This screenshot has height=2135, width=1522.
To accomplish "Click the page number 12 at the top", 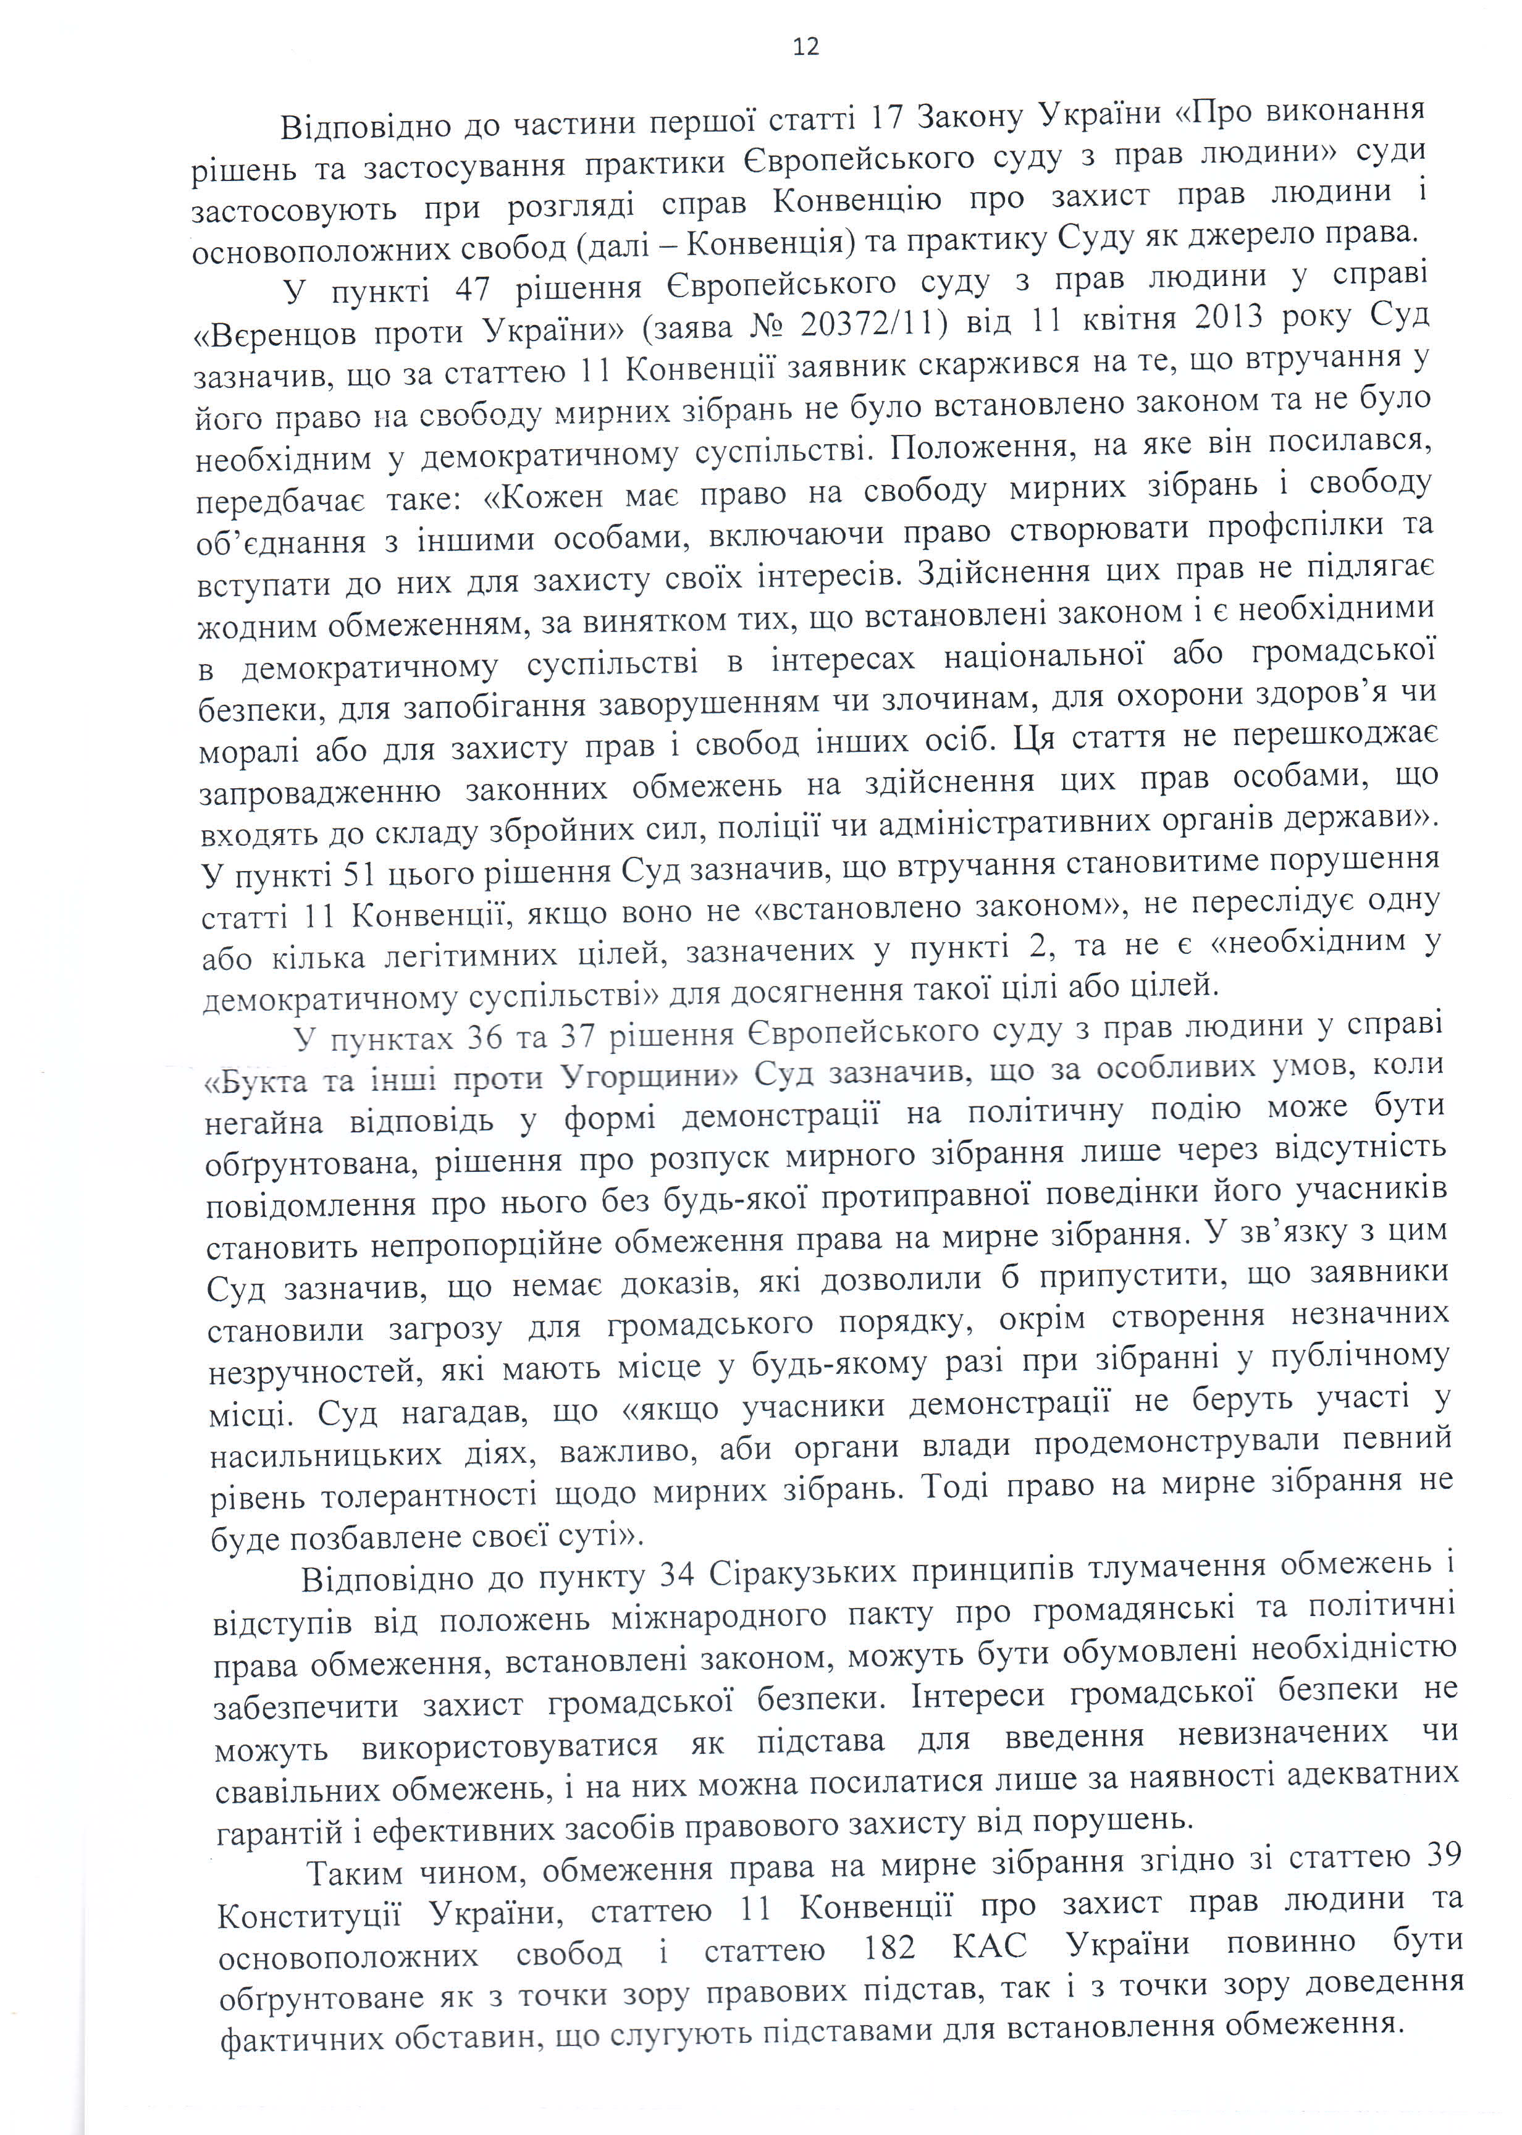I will tap(805, 47).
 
